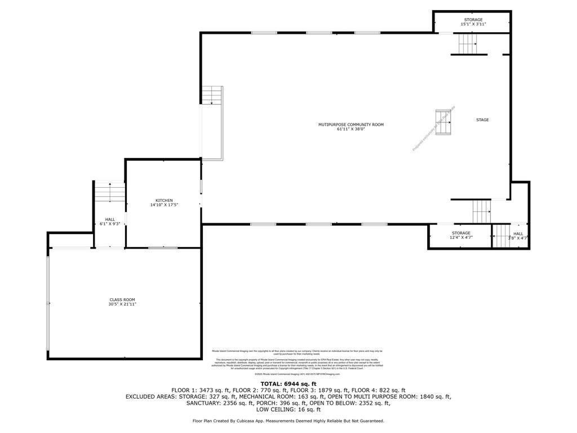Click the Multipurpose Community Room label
350,125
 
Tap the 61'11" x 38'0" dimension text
350,129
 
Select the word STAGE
482,120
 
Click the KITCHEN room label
164,201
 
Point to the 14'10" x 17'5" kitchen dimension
164,205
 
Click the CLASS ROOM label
122,300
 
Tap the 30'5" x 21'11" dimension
122,304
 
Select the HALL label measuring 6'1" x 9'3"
110,219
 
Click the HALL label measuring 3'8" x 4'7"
518,233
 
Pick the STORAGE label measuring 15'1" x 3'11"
473,20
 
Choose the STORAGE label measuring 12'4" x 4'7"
461,233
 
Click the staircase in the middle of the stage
443,122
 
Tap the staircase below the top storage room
467,44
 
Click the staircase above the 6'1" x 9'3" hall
109,192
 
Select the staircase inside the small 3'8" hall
501,236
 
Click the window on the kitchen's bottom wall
163,248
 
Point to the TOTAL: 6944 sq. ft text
288,384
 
